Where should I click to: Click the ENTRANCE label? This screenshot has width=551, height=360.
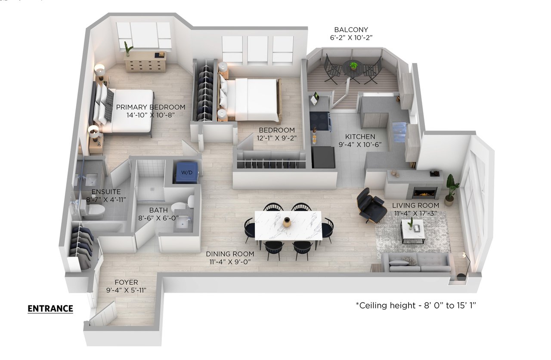click(50, 309)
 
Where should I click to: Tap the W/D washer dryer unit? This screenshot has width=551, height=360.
click(186, 172)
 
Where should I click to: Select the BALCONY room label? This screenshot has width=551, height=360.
click(351, 30)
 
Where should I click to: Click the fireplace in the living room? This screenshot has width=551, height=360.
click(424, 192)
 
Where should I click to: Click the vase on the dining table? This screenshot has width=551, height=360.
click(287, 222)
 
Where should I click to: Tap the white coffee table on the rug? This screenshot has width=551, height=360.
click(413, 231)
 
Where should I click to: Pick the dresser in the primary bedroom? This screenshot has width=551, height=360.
click(145, 62)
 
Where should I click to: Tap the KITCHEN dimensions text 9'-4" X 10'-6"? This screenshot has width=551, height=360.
click(360, 145)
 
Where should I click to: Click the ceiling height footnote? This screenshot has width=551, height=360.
click(416, 305)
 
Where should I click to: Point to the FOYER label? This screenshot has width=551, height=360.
click(127, 282)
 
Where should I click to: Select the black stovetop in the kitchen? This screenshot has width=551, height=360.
click(319, 120)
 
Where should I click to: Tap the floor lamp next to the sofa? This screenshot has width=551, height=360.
click(464, 266)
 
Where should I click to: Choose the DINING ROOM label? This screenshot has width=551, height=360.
click(230, 254)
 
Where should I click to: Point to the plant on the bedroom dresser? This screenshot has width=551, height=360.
click(128, 49)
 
